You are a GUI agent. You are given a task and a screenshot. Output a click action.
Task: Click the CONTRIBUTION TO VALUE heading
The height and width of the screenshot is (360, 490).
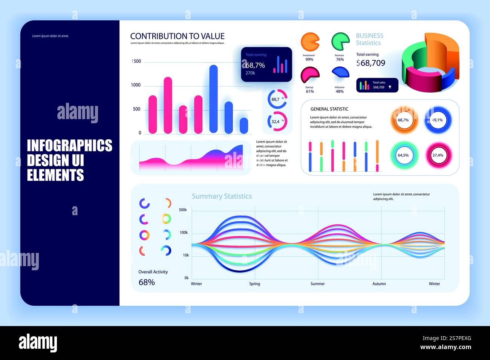177,36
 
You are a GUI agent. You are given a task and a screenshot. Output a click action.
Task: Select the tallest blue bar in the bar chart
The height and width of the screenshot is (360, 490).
213,99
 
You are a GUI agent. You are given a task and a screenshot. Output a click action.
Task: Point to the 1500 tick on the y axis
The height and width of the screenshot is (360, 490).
136,61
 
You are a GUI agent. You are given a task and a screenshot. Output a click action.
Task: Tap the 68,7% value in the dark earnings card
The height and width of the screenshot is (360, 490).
255,65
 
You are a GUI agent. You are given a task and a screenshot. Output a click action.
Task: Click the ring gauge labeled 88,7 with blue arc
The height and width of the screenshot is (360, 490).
277,99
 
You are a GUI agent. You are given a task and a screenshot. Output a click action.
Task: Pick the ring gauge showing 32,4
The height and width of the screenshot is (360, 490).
277,121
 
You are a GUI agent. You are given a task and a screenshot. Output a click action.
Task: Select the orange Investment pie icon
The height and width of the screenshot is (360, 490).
310,42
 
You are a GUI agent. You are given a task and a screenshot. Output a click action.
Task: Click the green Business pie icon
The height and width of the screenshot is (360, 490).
340,41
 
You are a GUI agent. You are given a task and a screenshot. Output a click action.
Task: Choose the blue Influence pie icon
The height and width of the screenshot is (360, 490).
340,72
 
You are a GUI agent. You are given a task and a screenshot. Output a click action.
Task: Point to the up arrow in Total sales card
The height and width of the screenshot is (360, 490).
390,87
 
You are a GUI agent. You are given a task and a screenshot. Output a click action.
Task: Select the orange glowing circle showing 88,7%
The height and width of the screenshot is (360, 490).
403,120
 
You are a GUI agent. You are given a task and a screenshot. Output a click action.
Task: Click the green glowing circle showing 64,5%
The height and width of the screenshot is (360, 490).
403,155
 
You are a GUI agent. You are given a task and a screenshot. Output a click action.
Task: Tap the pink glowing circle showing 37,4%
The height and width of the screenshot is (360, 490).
438,155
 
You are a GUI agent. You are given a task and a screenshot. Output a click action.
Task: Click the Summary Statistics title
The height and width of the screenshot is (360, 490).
222,196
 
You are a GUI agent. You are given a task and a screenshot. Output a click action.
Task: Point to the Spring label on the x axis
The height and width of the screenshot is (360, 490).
254,284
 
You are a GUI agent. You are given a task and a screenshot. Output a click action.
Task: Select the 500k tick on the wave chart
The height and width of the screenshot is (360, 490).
183,210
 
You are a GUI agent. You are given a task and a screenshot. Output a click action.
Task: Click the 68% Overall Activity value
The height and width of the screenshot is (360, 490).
147,282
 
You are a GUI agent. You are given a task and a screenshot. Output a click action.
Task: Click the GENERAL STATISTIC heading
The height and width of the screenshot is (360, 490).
329,109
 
